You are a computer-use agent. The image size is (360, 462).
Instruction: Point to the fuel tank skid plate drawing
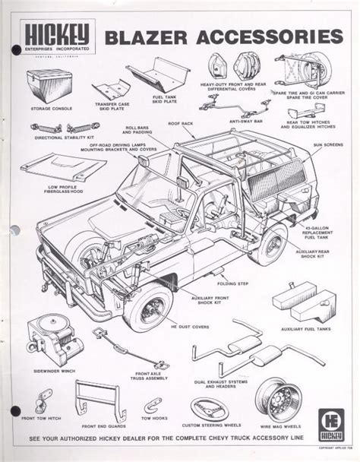[x=157, y=74]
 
